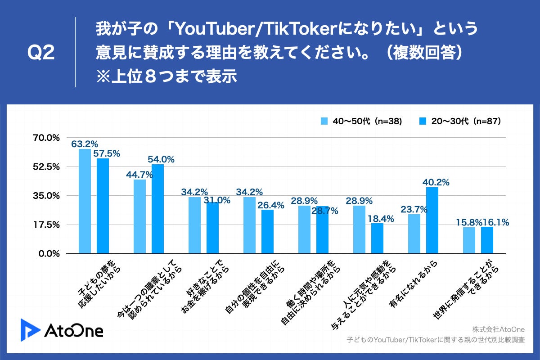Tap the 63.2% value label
point(85,144)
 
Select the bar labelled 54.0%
point(157,209)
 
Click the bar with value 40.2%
point(432,220)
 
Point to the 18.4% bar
point(377,238)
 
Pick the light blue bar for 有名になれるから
point(414,234)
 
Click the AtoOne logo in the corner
point(62,329)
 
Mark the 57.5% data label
point(107,153)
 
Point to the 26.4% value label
point(271,205)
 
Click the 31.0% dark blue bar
point(212,228)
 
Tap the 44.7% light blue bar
point(139,216)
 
